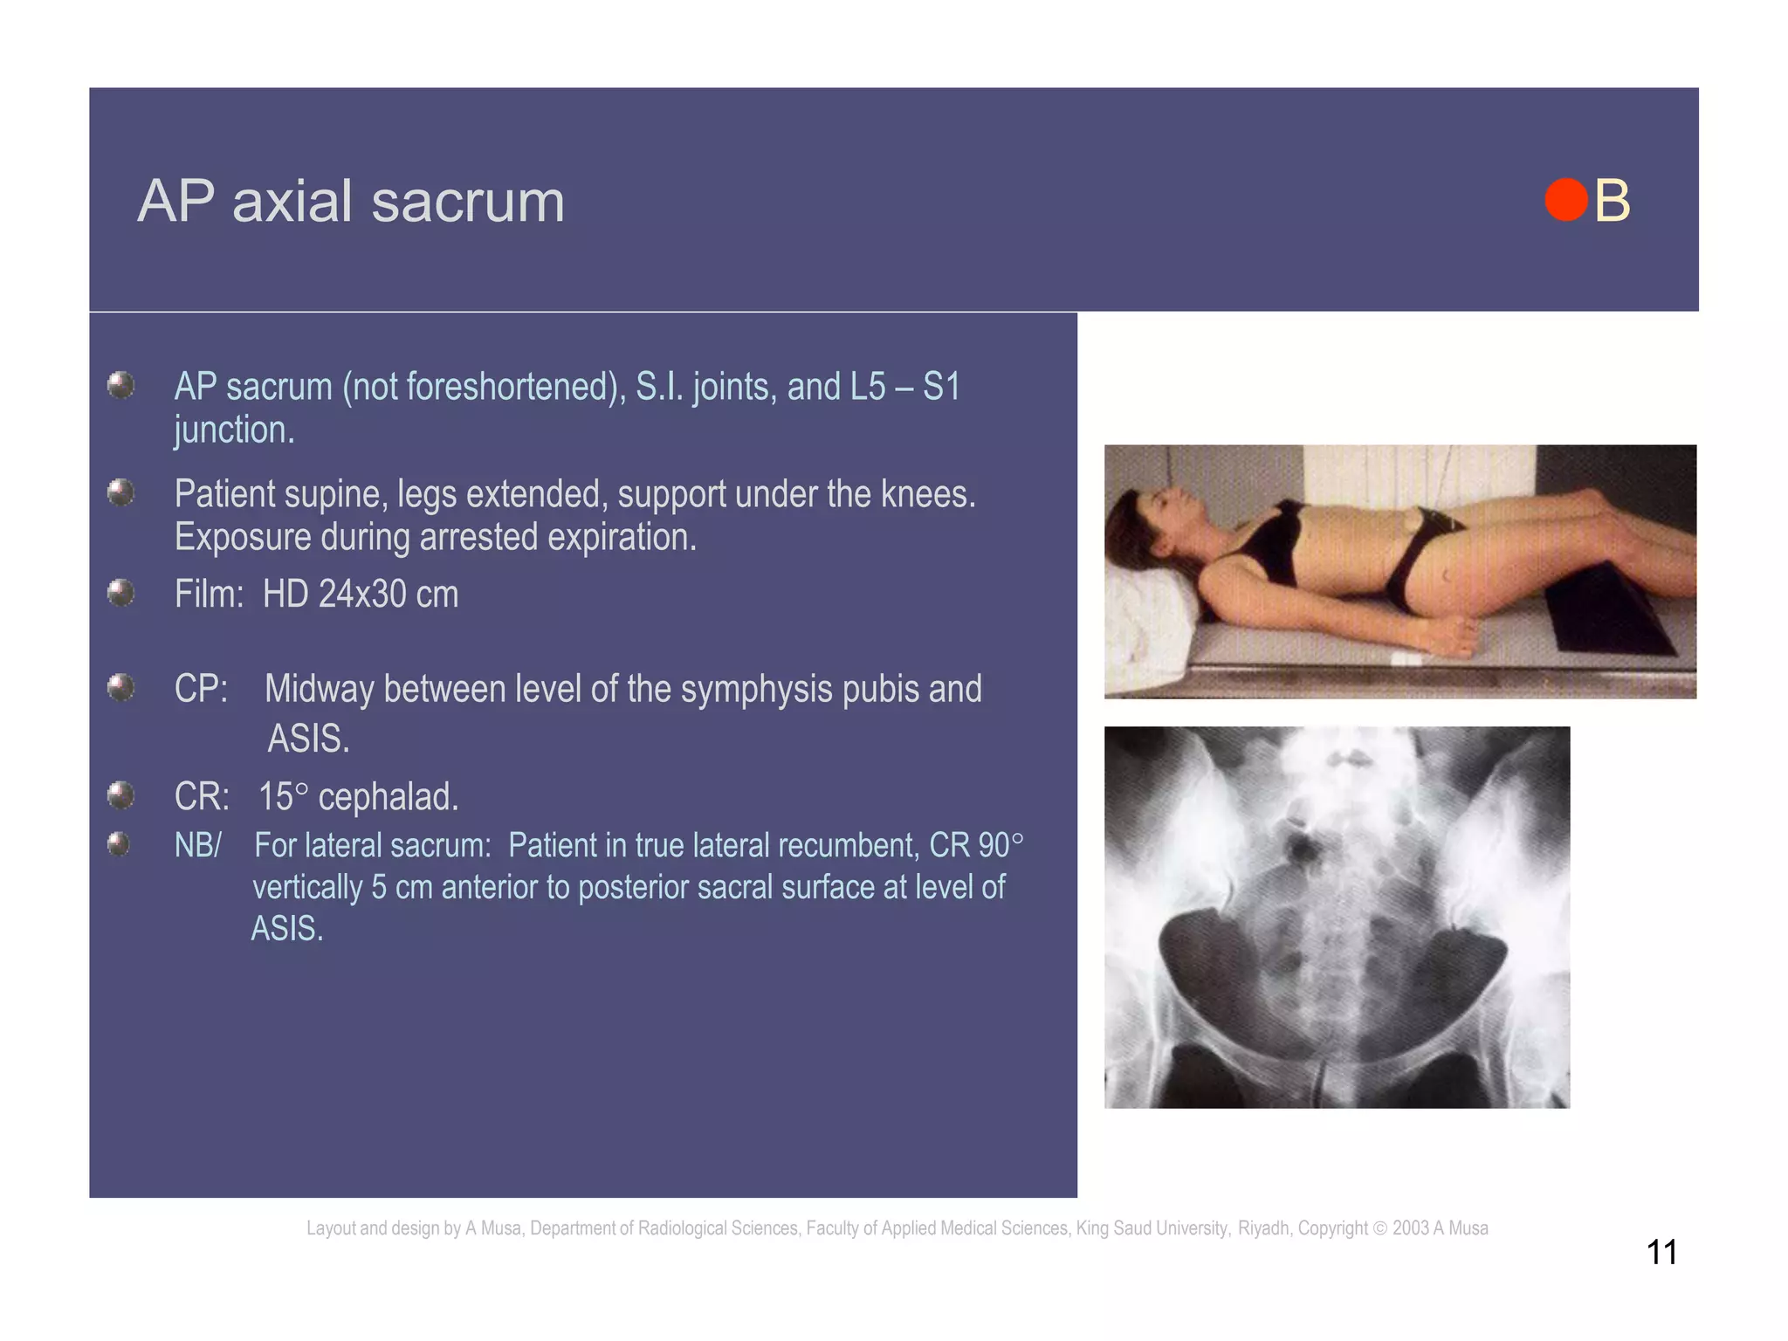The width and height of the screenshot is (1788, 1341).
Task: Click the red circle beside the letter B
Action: click(x=1565, y=200)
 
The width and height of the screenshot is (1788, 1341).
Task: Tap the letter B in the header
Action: click(x=1612, y=202)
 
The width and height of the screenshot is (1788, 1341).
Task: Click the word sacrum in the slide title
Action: click(x=468, y=202)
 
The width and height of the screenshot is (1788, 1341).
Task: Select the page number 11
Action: click(x=1661, y=1253)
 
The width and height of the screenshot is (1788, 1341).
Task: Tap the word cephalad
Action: click(x=388, y=797)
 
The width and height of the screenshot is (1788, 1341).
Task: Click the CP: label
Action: click(x=201, y=689)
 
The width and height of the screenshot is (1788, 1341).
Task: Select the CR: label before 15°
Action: click(x=202, y=797)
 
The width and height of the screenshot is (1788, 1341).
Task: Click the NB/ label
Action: click(x=198, y=846)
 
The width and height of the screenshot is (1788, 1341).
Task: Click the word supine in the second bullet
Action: click(x=335, y=494)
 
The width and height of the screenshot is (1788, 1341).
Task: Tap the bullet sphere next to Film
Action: click(x=120, y=594)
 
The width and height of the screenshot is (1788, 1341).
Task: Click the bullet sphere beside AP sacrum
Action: click(x=120, y=385)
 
